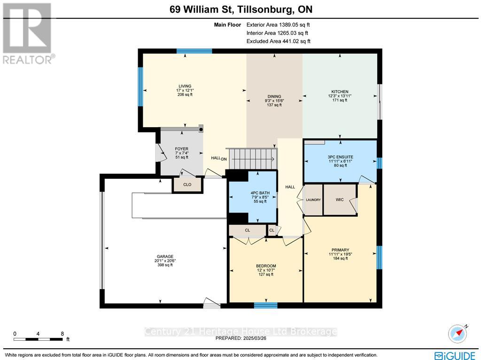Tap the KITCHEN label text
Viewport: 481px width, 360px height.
[x=340, y=92]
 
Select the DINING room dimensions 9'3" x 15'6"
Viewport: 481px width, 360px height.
[x=274, y=100]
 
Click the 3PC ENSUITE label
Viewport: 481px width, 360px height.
[x=340, y=156]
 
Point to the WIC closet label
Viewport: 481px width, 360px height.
[x=340, y=200]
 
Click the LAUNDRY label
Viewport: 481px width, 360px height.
[x=313, y=200]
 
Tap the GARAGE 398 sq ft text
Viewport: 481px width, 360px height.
[x=165, y=265]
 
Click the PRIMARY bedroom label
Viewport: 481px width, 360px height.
[x=340, y=250]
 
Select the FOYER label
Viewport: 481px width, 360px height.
[x=168, y=149]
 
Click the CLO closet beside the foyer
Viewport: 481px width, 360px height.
[x=187, y=185]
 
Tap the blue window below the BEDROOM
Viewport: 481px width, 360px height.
[x=266, y=306]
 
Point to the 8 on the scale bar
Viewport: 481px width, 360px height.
[x=62, y=334]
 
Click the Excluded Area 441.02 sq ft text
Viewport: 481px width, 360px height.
[x=278, y=41]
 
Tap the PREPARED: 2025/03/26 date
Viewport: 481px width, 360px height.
[x=240, y=338]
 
